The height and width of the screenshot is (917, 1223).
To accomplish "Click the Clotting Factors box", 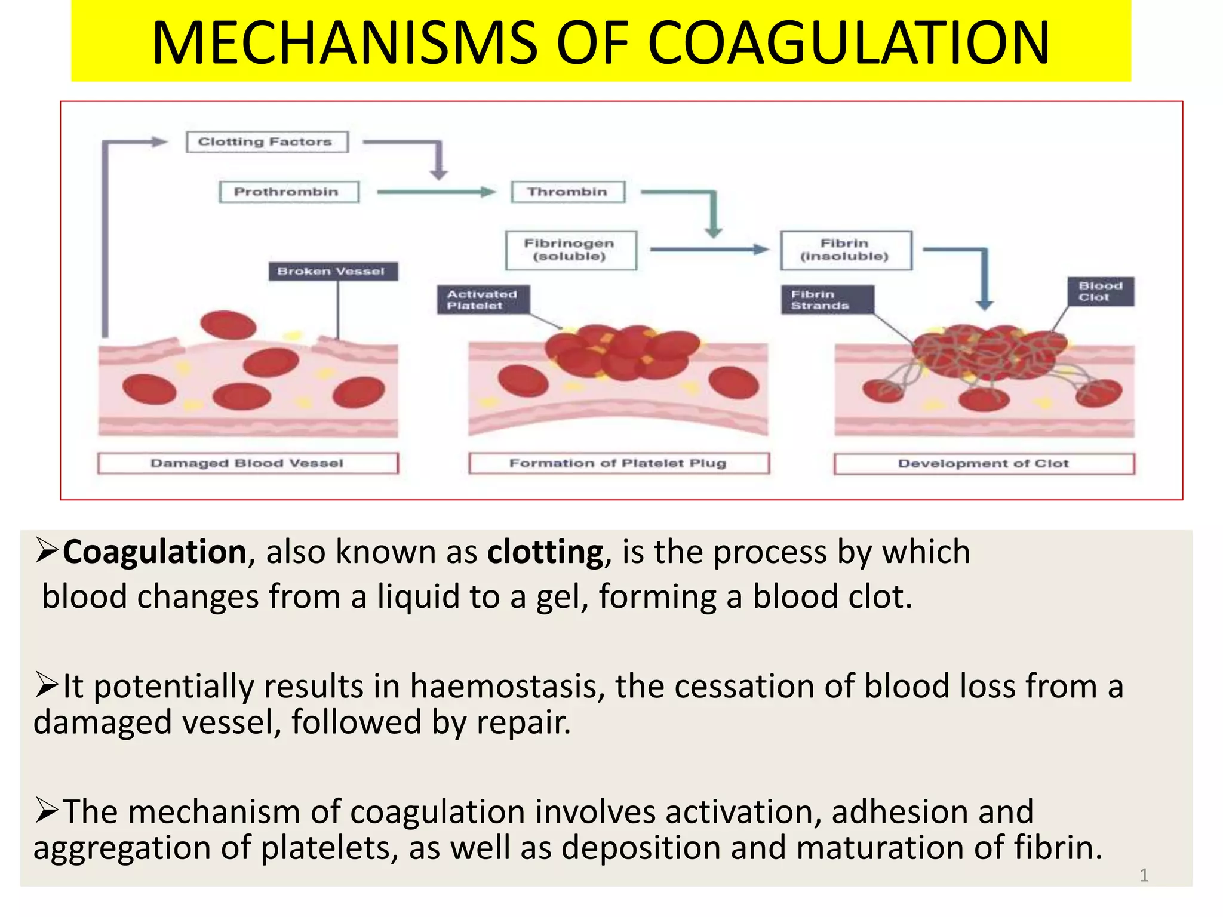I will [x=266, y=142].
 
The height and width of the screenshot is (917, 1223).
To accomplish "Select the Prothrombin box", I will [x=288, y=192].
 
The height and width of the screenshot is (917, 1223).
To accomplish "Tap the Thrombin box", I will [x=568, y=192].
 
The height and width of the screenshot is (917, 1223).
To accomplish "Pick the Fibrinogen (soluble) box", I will [x=571, y=250].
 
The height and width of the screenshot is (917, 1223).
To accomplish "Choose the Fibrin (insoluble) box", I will [x=846, y=250].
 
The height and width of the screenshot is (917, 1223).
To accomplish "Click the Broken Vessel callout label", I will [x=333, y=272].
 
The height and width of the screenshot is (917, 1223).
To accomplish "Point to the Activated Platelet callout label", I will [x=483, y=300].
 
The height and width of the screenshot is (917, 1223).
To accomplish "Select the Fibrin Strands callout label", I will [x=827, y=300].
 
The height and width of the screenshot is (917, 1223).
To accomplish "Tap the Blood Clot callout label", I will [x=1101, y=292].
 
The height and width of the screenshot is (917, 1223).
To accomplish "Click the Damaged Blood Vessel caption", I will [x=247, y=463].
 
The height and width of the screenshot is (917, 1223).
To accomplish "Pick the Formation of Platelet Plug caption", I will [x=618, y=463].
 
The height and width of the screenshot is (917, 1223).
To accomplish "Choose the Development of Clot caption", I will [x=984, y=464].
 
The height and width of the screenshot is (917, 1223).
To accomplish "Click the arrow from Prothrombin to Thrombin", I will [x=436, y=192].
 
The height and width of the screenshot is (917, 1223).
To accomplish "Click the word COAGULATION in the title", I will [x=848, y=43].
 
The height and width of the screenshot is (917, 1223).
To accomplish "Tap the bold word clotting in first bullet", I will [x=545, y=552].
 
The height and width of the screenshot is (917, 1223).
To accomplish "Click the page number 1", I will [x=1144, y=875].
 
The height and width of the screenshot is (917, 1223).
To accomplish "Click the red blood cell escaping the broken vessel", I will [x=228, y=325].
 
